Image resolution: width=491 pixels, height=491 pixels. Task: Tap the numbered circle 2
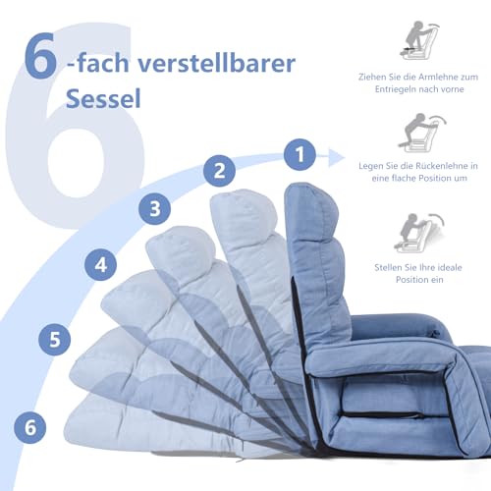pos(221,170)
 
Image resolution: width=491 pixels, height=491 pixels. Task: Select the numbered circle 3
pos(152,207)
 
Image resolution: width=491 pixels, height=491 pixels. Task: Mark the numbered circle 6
pos(31,427)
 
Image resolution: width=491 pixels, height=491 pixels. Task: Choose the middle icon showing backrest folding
pos(423,132)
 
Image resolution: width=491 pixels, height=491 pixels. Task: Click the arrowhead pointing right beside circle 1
pos(341,154)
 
